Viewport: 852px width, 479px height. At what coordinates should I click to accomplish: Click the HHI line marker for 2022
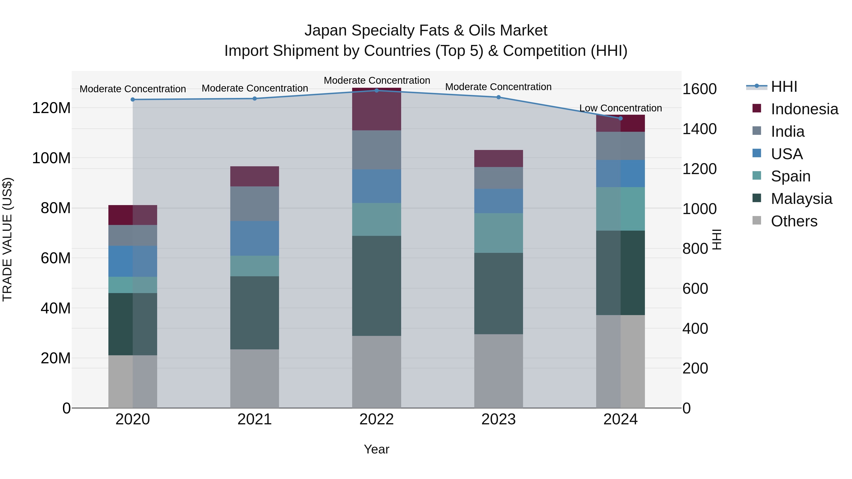pyautogui.click(x=376, y=90)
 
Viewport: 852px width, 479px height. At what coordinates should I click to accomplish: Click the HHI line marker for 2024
pyautogui.click(x=621, y=118)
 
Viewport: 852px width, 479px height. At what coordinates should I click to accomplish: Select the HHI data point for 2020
pyautogui.click(x=133, y=100)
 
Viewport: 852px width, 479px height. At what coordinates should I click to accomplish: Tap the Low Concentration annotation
pyautogui.click(x=621, y=108)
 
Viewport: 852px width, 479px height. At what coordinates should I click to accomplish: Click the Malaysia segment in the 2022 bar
pyautogui.click(x=376, y=286)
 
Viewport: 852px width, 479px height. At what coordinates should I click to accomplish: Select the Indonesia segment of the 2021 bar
pyautogui.click(x=254, y=176)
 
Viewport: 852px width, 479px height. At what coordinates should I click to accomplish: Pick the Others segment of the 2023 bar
pyautogui.click(x=498, y=371)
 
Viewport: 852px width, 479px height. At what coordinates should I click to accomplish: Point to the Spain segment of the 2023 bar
pyautogui.click(x=498, y=233)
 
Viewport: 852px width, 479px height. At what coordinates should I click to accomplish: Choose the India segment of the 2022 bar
pyautogui.click(x=376, y=150)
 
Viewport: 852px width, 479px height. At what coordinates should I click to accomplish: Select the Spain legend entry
pyautogui.click(x=790, y=176)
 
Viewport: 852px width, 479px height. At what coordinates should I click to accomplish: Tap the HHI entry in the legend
pyautogui.click(x=784, y=87)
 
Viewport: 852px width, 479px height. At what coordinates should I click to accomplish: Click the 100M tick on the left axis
pyautogui.click(x=51, y=158)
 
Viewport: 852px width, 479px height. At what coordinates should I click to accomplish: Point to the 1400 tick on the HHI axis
pyautogui.click(x=699, y=129)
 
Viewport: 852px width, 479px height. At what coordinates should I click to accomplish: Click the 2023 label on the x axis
pyautogui.click(x=498, y=419)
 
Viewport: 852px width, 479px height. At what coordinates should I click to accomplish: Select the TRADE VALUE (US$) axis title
pyautogui.click(x=7, y=239)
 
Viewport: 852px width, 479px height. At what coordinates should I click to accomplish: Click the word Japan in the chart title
pyautogui.click(x=326, y=31)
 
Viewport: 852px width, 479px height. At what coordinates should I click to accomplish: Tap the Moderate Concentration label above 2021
pyautogui.click(x=255, y=88)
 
